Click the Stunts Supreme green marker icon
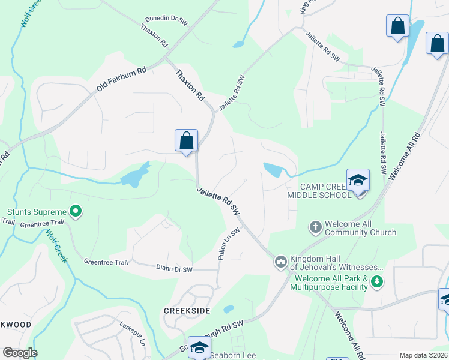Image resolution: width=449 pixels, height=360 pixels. point(76,211)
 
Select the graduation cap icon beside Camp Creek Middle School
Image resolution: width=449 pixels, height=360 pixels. point(358,181)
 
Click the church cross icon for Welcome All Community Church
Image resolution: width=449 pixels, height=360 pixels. point(316,227)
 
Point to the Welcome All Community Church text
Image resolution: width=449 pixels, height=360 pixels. point(360,228)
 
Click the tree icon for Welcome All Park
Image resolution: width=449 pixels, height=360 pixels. point(377,281)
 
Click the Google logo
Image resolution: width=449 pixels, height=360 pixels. point(20,353)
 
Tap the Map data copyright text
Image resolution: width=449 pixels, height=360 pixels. point(424,355)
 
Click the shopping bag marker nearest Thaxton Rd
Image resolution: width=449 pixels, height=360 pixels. point(187,141)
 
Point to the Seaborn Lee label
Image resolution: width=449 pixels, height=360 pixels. point(232,355)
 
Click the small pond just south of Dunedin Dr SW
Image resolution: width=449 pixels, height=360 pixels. point(238,44)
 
